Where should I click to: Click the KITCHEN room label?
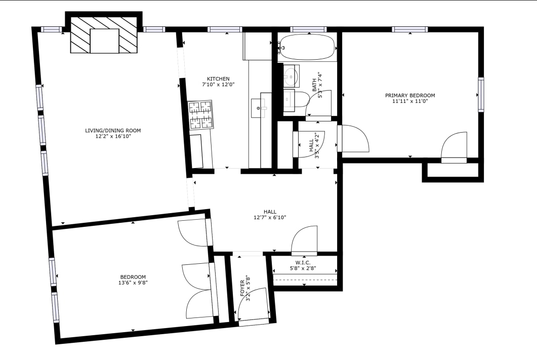[x=218, y=78]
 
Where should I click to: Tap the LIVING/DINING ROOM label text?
[x=113, y=131]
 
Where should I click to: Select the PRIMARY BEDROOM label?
[x=410, y=95]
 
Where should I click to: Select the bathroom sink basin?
[x=291, y=76]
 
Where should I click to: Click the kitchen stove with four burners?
[x=200, y=115]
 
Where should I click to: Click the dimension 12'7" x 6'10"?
[x=270, y=218]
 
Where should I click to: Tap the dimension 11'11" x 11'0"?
[x=410, y=101]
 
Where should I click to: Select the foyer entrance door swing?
[x=254, y=304]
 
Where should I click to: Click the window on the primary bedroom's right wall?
[x=480, y=94]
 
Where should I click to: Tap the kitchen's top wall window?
[x=225, y=29]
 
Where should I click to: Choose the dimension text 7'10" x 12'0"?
[x=218, y=85]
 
